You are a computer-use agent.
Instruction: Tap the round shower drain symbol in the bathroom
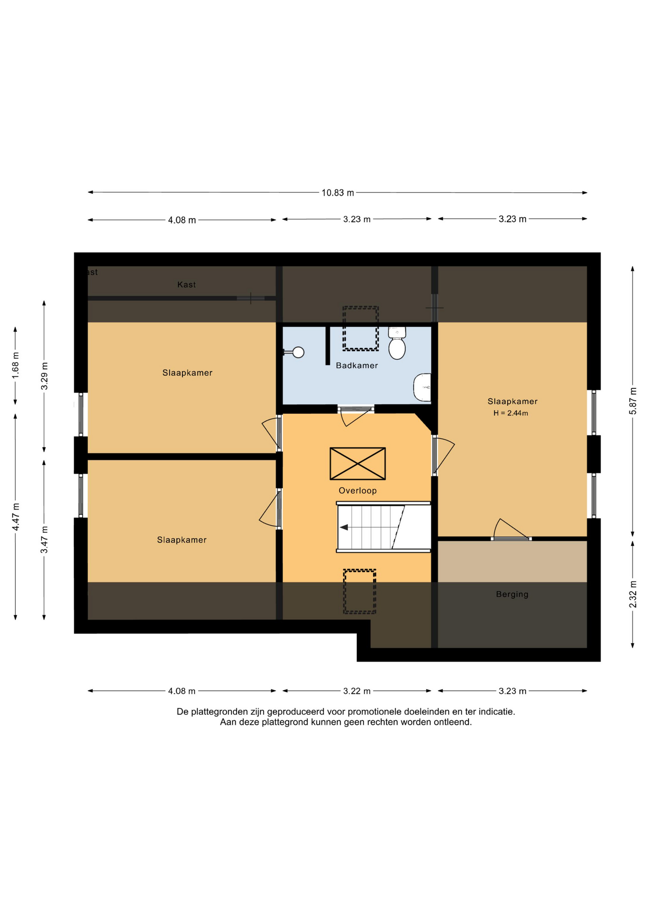click(298, 353)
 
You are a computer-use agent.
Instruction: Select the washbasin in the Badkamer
click(422, 387)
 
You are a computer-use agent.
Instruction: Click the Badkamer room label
click(356, 365)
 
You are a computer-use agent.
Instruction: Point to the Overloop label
click(357, 490)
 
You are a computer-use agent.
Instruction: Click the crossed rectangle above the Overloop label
click(357, 463)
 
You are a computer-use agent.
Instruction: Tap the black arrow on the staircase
click(344, 527)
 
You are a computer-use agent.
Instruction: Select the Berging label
click(512, 594)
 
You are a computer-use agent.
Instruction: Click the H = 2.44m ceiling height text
click(511, 413)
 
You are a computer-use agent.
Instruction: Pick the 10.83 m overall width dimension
click(337, 193)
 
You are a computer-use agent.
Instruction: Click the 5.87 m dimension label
click(633, 400)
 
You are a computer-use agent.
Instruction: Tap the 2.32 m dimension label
click(633, 594)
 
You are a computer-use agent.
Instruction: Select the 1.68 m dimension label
click(15, 365)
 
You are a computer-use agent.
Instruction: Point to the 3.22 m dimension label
click(356, 691)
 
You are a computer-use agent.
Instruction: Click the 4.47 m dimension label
click(16, 516)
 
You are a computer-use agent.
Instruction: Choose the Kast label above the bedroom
click(186, 285)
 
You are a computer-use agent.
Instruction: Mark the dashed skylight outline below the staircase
click(360, 592)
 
